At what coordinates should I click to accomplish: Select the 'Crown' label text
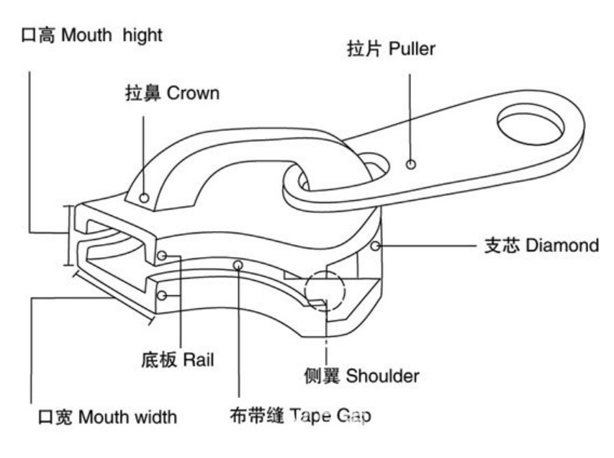pos(193,93)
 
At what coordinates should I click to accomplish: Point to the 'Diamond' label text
pos(562,245)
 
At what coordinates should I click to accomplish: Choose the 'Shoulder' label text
pos(382,375)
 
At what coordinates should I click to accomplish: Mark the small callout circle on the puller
pos(410,164)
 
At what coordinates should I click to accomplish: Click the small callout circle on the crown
pos(145,197)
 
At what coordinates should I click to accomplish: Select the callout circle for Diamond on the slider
pos(374,246)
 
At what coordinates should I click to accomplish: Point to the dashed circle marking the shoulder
pos(325,291)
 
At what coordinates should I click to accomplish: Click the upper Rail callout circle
pos(162,255)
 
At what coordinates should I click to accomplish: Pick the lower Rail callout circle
pos(162,295)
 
